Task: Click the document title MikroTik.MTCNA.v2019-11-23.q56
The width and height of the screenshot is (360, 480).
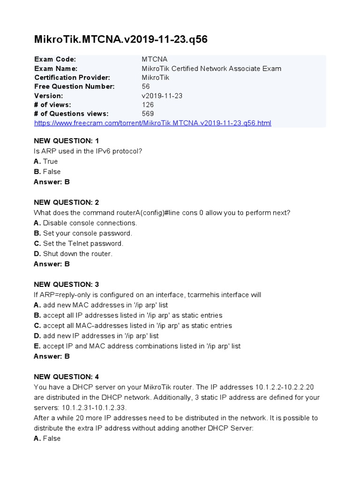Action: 121,39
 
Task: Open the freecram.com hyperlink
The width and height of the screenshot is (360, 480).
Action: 153,123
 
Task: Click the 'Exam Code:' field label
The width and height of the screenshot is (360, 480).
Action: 55,60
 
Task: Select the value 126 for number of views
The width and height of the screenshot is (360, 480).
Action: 148,105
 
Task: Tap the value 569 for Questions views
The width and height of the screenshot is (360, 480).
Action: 148,113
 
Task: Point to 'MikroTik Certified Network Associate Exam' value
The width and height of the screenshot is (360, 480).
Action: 211,68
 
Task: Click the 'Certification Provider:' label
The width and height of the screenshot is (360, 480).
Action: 72,77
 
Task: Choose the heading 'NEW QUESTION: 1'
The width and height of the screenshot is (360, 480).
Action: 66,141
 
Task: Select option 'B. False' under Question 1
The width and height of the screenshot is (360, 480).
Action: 47,172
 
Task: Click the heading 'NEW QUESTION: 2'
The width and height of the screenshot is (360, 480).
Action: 66,202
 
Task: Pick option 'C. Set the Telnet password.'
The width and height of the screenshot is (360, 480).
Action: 79,243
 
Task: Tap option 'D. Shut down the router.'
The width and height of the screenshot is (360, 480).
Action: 73,254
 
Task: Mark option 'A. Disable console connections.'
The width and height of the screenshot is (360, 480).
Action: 85,223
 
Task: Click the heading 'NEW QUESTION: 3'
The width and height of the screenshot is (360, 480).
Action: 66,285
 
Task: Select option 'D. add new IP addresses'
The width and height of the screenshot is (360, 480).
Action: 96,336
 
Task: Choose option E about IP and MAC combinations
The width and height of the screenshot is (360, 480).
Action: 137,346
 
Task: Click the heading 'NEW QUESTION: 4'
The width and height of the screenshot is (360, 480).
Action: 66,377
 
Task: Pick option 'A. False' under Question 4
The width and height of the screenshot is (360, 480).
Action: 47,439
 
